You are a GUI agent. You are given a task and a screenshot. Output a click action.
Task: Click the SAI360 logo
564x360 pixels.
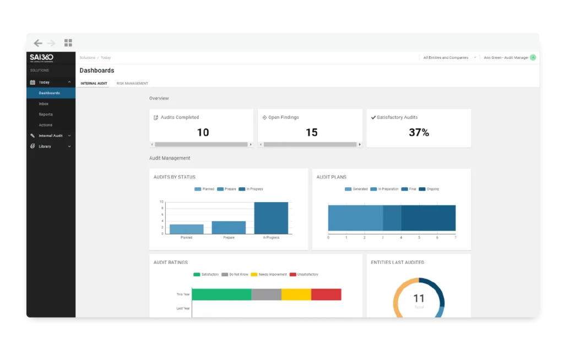[x=42, y=58]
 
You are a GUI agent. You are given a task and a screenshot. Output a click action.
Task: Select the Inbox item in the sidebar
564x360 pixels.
[x=44, y=103]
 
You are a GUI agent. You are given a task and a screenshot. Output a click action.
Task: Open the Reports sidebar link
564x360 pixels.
[x=46, y=114]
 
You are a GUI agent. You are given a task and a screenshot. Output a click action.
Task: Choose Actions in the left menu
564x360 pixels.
[x=46, y=125]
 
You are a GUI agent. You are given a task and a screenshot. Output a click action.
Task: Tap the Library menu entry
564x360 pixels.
[x=45, y=146]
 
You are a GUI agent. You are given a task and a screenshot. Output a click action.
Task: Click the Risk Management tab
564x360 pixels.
[x=132, y=84]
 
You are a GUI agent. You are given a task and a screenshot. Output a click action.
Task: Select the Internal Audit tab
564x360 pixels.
[x=94, y=84]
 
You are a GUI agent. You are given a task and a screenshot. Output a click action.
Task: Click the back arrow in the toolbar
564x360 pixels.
[x=38, y=43]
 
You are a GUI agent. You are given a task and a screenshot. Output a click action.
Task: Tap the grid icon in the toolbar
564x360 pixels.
[x=68, y=43]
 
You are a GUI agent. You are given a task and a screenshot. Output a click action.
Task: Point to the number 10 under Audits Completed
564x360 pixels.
[x=203, y=133]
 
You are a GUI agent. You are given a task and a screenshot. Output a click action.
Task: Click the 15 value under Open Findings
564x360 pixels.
[x=311, y=133]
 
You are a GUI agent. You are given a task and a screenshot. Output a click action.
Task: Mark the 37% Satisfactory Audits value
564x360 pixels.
[x=419, y=133]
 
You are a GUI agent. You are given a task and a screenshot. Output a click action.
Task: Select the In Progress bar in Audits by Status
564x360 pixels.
[x=271, y=218]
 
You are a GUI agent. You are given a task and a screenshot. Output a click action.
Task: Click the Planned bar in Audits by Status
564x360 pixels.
[x=186, y=229]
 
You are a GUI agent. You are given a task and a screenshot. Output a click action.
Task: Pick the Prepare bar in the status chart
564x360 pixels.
[x=229, y=227]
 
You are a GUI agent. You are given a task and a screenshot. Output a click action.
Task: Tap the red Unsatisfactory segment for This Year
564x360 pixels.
[x=326, y=294]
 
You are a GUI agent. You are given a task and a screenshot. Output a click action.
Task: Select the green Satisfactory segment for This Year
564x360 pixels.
[x=221, y=294]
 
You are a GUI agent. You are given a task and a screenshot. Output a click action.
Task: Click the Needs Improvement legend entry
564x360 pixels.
[x=269, y=274]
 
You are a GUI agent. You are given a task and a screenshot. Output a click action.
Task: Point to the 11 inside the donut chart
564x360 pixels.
[x=419, y=298]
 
